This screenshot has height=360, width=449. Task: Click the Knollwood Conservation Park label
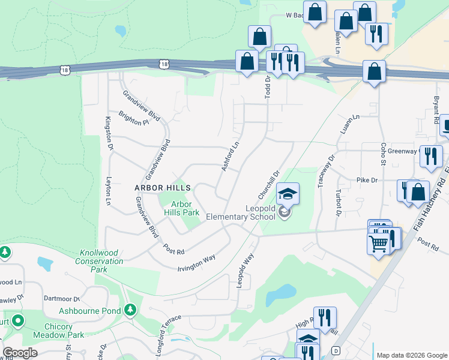pos(100,262)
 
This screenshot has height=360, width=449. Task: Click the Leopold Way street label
pos(246,271)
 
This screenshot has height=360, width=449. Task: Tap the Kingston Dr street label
pos(109,133)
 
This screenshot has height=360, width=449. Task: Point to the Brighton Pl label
pos(133,118)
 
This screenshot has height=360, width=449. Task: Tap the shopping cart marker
pos(378,244)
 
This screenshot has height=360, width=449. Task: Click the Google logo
pos(20,353)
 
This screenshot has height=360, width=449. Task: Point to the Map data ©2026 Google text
pos(411,355)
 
